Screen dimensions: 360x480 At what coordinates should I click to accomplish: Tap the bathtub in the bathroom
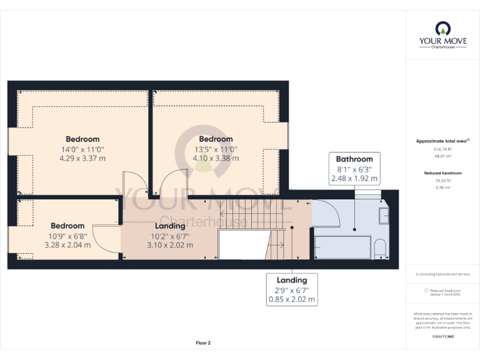342,247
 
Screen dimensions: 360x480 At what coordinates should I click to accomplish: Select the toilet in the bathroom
379,248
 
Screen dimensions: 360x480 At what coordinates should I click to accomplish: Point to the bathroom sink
383,216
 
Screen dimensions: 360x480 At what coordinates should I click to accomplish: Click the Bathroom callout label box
354,169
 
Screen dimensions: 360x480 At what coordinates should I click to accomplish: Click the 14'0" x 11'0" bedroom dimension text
82,149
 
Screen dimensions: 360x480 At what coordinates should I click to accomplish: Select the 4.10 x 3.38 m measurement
216,158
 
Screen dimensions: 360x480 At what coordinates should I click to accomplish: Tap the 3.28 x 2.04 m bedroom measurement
67,244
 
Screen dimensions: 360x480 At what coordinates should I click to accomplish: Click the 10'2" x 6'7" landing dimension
170,236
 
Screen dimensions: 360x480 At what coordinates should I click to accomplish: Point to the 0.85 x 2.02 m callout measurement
292,299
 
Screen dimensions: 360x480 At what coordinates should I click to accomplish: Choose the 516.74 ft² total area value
442,149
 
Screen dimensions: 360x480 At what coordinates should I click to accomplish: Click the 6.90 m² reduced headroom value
442,187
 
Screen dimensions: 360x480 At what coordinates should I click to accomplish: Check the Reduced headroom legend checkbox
426,291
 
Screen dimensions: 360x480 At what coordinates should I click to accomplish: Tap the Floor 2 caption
203,342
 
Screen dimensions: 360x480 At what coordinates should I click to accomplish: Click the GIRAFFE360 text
442,337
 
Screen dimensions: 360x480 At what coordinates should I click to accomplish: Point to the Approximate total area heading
442,141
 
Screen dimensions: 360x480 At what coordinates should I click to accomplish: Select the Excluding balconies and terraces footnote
442,274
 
